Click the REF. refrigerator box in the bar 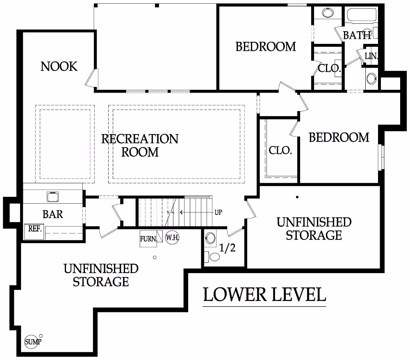[x=35, y=229]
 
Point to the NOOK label [x=59, y=66]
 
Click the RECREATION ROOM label [x=140, y=145]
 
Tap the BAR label [x=52, y=214]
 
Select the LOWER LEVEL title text [x=264, y=294]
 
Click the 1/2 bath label [x=227, y=248]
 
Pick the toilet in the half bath [x=214, y=257]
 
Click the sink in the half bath [x=211, y=237]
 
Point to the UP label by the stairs [x=219, y=213]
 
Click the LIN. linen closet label [x=371, y=56]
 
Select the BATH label [x=357, y=36]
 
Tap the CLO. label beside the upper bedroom [x=330, y=68]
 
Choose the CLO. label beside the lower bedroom [x=280, y=150]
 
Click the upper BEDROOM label [x=266, y=47]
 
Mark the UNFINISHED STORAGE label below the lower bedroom [x=314, y=228]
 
